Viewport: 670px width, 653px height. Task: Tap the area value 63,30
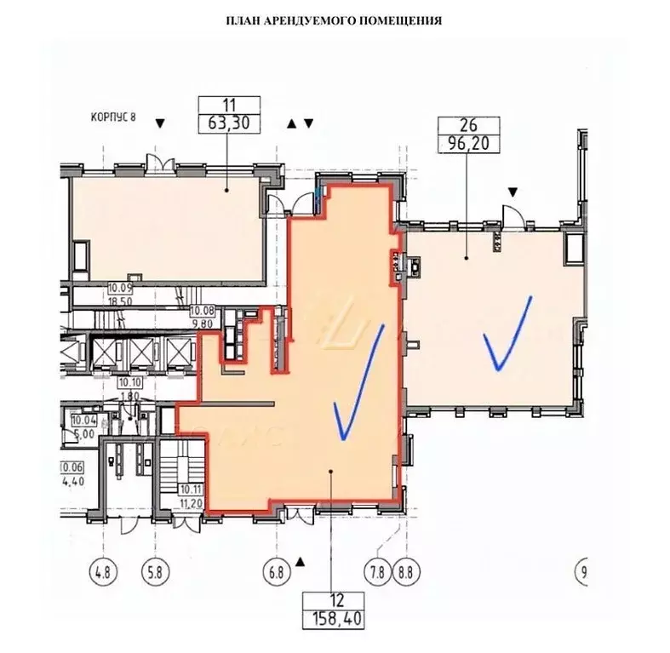click(x=227, y=123)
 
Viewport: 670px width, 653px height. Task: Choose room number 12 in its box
click(x=333, y=597)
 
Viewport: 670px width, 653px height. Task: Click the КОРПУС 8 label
click(x=113, y=117)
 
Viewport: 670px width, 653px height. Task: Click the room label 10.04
click(x=83, y=420)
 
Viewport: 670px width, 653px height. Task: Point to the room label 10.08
click(x=203, y=311)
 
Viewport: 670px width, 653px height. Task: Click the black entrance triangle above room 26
click(x=512, y=193)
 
